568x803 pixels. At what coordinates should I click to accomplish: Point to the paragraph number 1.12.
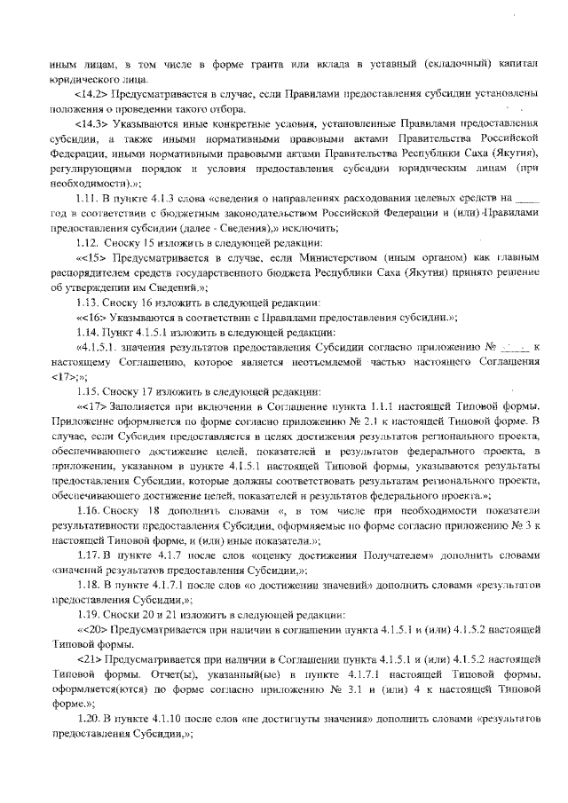pos(90,241)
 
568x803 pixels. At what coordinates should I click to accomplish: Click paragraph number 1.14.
pos(90,330)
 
